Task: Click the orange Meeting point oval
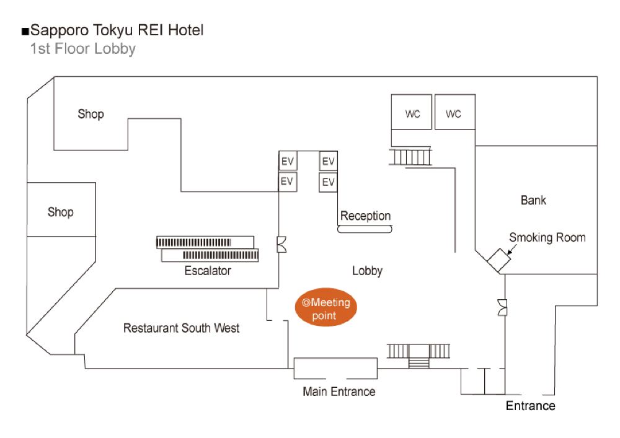click(x=326, y=309)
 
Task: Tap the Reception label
click(x=365, y=216)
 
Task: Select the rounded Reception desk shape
click(x=365, y=229)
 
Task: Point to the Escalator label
click(x=208, y=271)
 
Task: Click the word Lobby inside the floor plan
click(x=367, y=271)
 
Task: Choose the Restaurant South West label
click(x=181, y=328)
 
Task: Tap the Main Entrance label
click(x=339, y=392)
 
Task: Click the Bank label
click(x=533, y=200)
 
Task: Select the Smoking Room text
click(x=547, y=237)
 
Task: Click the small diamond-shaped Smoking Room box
click(x=498, y=260)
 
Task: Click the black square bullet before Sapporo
click(x=25, y=31)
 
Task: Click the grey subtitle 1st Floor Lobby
click(x=82, y=49)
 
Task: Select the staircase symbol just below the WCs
click(x=410, y=157)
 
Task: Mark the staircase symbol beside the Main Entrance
click(x=418, y=353)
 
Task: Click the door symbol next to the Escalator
click(x=281, y=245)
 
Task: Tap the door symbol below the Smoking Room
click(x=503, y=307)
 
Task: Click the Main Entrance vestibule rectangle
click(x=335, y=368)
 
